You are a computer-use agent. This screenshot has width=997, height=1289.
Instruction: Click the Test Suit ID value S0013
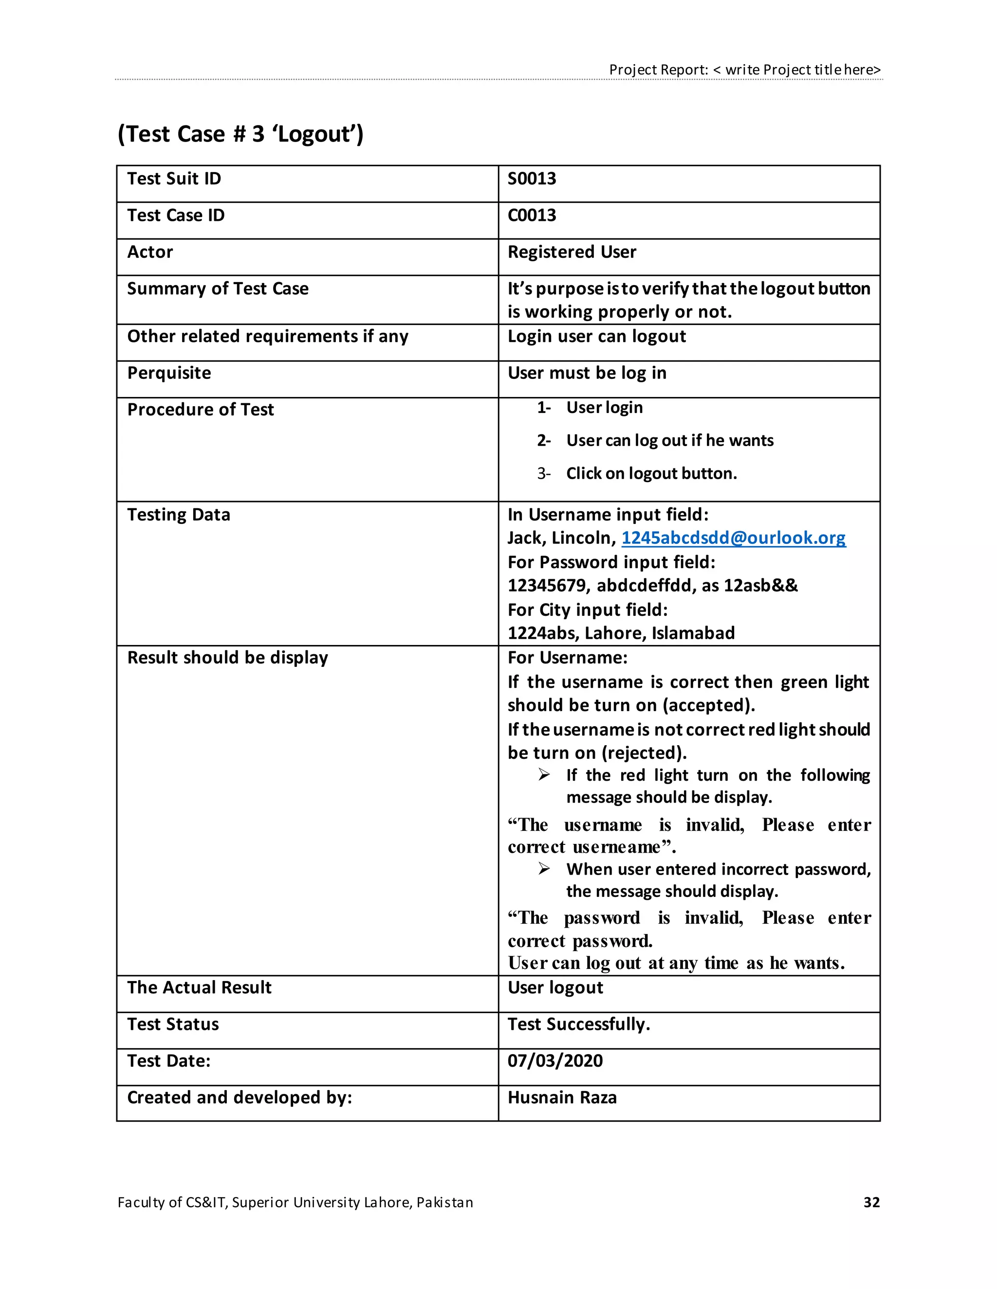tap(532, 179)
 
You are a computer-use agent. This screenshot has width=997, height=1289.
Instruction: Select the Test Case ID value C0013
tap(532, 215)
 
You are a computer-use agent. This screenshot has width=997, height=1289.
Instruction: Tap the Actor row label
tap(150, 252)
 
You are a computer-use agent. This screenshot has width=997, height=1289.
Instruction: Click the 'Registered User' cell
tap(572, 252)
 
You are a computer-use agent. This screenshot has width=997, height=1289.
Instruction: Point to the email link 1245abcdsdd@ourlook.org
tap(733, 537)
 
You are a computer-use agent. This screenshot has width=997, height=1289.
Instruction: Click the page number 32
tap(871, 1202)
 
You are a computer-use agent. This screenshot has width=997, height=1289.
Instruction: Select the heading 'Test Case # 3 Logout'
tap(240, 134)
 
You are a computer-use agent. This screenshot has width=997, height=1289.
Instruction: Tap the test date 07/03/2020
tap(554, 1060)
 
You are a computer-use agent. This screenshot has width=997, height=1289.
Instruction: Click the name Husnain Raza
tap(562, 1097)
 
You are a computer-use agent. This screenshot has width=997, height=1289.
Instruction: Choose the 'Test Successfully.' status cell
tap(578, 1024)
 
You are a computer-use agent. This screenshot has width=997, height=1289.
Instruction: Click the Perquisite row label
tap(169, 373)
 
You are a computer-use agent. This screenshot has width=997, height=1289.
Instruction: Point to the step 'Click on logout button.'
tap(651, 473)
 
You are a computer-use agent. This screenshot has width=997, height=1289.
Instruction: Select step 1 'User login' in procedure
tap(604, 407)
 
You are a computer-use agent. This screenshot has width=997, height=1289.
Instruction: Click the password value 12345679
tap(546, 586)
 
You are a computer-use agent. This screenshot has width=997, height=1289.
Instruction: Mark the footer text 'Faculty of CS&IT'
tap(172, 1202)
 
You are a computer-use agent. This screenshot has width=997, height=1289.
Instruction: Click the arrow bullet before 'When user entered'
tap(544, 869)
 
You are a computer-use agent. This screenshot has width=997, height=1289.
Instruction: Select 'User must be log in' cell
tap(587, 373)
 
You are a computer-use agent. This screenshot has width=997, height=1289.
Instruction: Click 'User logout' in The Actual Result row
tap(555, 987)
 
